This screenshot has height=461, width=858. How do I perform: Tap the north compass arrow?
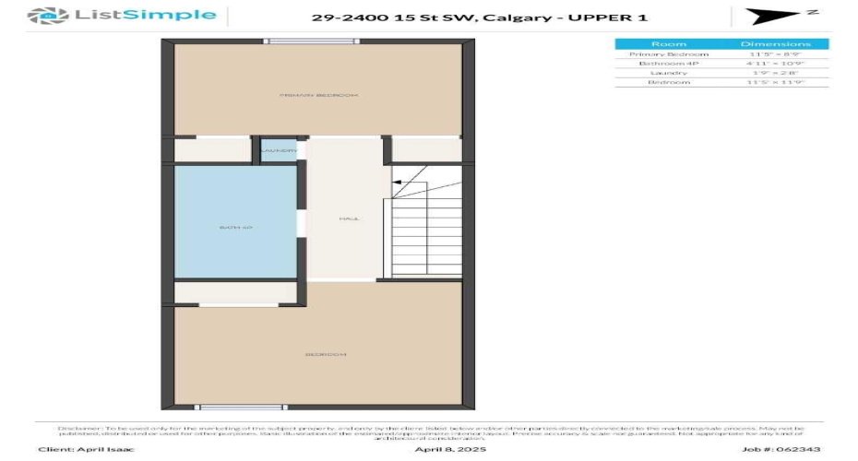pyautogui.click(x=769, y=17)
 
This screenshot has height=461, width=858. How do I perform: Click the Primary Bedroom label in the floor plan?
pyautogui.click(x=319, y=95)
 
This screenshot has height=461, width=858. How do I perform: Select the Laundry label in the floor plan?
pyautogui.click(x=278, y=151)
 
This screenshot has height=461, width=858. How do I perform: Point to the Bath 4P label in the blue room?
pyautogui.click(x=235, y=226)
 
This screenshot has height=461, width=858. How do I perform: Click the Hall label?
pyautogui.click(x=349, y=219)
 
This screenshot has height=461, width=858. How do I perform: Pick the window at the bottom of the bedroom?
pyautogui.click(x=235, y=407)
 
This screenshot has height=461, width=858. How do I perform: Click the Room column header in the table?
pyautogui.click(x=668, y=44)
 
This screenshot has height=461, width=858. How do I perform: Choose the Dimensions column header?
pyautogui.click(x=775, y=44)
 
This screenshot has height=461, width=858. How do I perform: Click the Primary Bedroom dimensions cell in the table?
pyautogui.click(x=775, y=54)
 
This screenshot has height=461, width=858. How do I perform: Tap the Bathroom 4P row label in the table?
pyautogui.click(x=668, y=64)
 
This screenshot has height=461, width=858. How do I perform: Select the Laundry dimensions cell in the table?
pyautogui.click(x=775, y=73)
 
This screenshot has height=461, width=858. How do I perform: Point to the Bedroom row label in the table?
pyautogui.click(x=668, y=82)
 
